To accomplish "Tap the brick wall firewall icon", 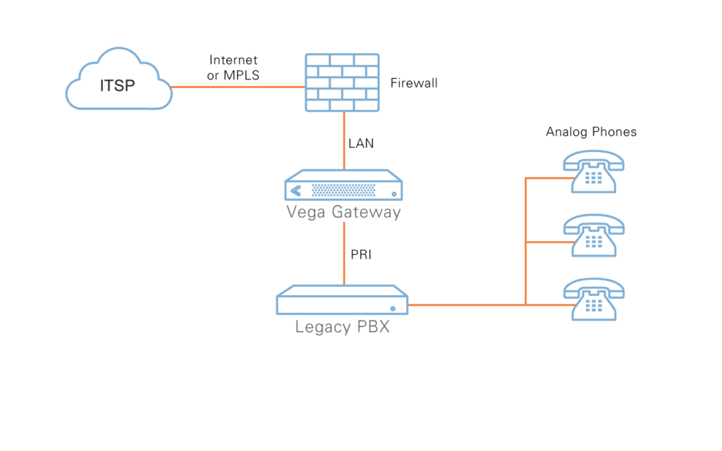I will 342,82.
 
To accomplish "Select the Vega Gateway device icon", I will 344,186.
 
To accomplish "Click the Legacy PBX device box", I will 342,301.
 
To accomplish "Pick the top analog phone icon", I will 594,172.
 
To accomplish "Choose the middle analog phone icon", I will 594,235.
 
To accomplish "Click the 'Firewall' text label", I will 414,83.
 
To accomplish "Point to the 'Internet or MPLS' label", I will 233,68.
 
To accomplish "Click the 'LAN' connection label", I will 361,144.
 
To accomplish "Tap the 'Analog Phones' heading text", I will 591,132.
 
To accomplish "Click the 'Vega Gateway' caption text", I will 343,212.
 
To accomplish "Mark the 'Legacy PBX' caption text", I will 342,327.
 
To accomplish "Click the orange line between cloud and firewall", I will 238,87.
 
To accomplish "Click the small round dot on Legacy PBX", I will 393,309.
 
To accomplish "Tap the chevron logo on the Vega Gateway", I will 295,190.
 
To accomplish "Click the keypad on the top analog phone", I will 593,177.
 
